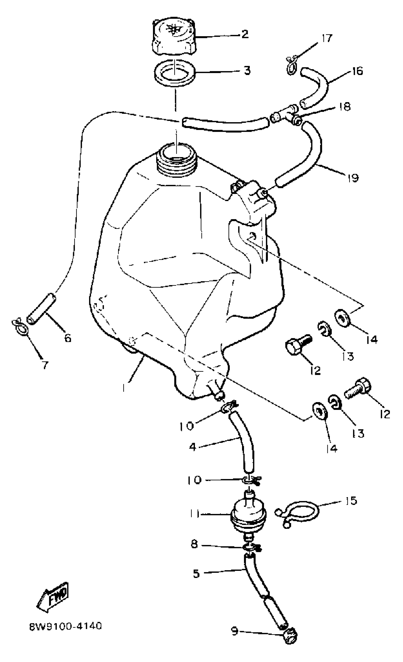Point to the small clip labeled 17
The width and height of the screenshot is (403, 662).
tap(291, 65)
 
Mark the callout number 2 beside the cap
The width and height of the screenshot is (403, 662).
tap(245, 34)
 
